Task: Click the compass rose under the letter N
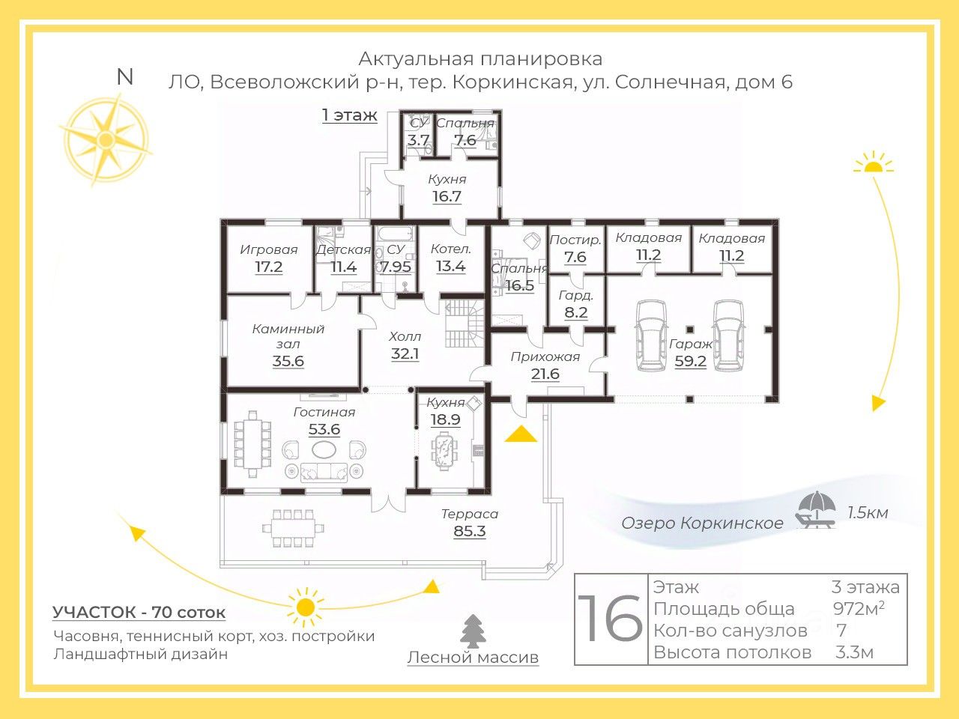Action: (105, 140)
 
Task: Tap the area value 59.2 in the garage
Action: (690, 361)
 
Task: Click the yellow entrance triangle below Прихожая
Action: (521, 434)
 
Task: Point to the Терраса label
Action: (469, 514)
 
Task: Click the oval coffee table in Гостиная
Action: (324, 449)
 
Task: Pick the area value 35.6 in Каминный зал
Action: (288, 361)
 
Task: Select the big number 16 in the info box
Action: (611, 619)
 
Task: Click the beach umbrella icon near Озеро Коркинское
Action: (814, 510)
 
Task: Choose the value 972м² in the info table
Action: (859, 609)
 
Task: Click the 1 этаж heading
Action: (349, 115)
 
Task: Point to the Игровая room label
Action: (268, 249)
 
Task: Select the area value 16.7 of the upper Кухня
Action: (447, 196)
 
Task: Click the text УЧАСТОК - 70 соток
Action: (139, 612)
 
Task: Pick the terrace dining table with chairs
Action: (293, 528)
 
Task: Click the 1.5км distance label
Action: (868, 513)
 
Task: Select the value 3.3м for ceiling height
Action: (854, 652)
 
